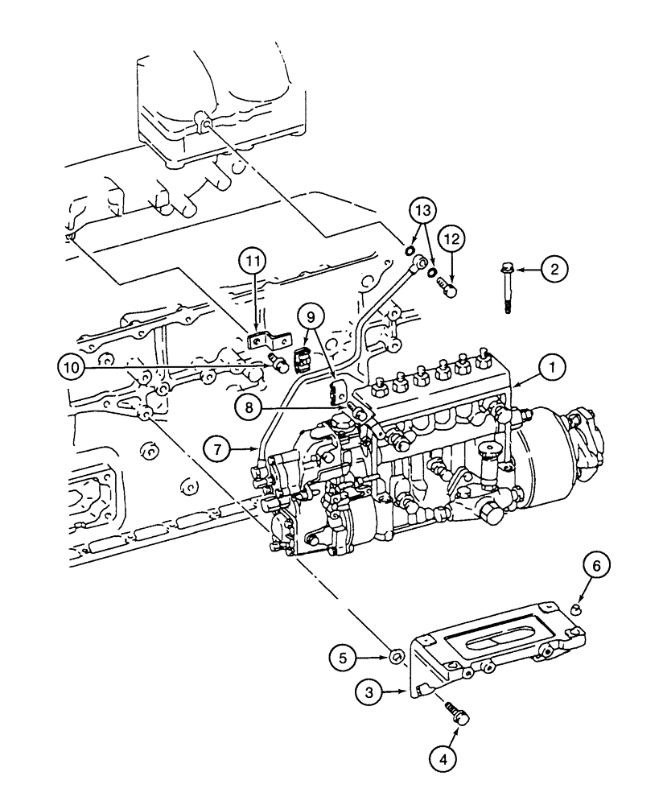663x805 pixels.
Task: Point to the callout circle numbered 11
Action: [253, 262]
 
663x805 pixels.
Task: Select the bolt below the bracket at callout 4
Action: [458, 712]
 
